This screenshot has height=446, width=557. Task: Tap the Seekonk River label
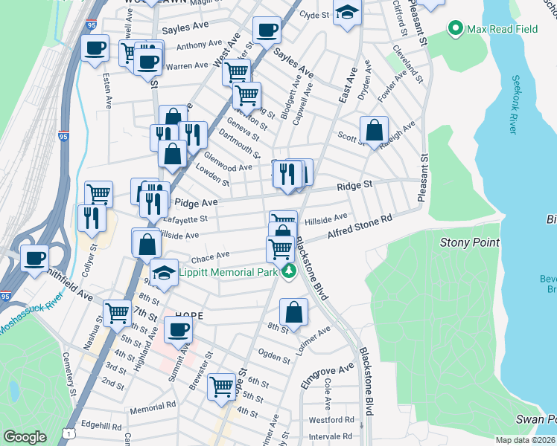513,104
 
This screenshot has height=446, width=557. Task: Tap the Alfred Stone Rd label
360,228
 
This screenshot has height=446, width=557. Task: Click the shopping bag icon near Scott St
374,131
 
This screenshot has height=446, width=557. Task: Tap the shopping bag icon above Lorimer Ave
294,312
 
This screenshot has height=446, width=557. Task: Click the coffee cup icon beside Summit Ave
177,330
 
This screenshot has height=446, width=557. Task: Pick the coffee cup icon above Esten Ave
95,49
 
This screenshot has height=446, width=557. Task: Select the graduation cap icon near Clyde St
347,13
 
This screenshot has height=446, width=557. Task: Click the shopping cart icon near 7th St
117,313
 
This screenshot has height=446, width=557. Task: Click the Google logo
25,437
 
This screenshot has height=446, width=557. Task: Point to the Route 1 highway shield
69,431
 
